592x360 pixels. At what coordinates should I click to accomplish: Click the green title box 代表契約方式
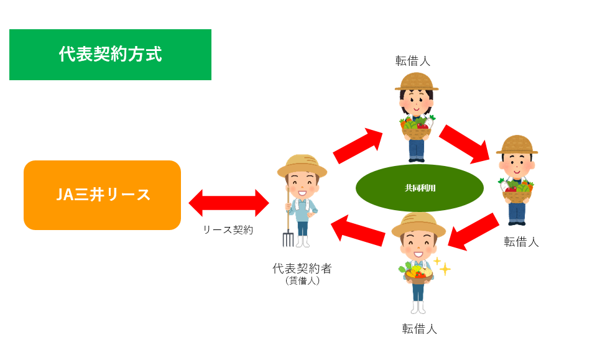[110, 55]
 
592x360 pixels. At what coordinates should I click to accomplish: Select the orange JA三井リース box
[102, 195]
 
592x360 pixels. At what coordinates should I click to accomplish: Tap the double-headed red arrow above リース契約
[229, 202]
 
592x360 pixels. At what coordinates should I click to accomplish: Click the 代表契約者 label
[302, 269]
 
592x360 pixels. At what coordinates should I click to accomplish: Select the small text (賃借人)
[302, 281]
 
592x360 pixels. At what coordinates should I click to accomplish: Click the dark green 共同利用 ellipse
[420, 187]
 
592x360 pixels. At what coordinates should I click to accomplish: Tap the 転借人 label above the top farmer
[413, 60]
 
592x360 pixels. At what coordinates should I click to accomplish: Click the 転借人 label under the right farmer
[521, 242]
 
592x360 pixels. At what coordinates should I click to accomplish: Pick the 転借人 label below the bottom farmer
[420, 329]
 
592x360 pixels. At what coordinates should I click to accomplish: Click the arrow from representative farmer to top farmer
[359, 145]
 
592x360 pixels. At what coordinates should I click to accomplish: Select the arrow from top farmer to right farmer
[465, 144]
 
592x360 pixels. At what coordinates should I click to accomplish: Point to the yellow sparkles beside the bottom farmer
[442, 265]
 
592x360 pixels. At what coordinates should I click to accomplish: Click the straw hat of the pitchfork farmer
[302, 165]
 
